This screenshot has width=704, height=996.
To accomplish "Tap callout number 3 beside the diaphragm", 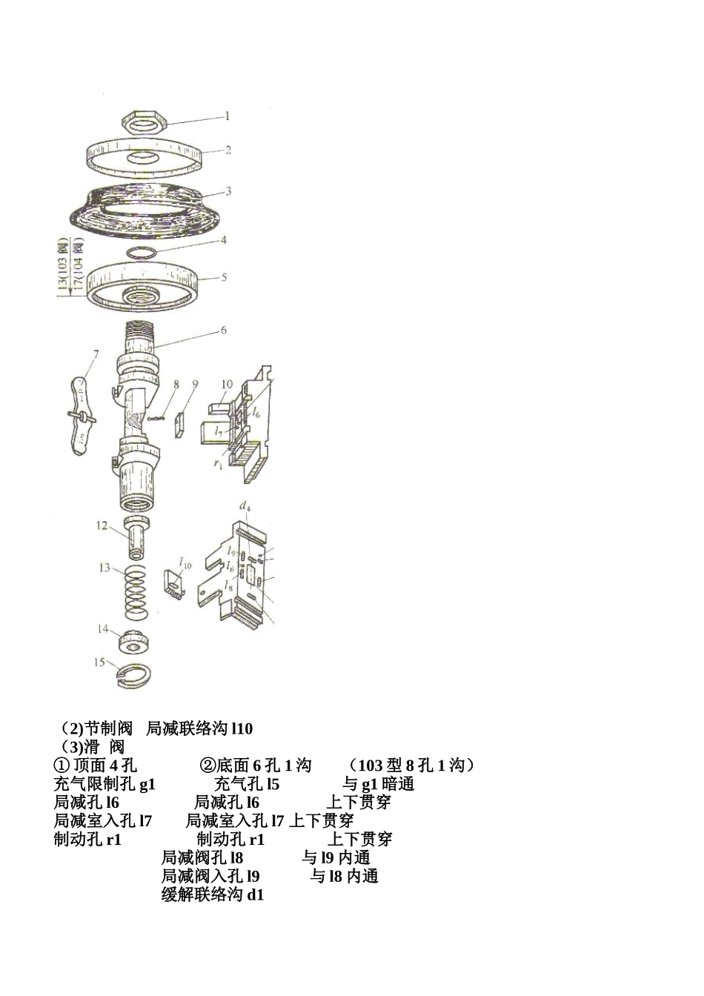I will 228,191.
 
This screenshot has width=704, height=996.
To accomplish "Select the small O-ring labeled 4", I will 142,252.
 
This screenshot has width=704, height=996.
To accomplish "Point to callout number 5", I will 224,278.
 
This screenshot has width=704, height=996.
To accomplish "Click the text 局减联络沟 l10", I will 199,729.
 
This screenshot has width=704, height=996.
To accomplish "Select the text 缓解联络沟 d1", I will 213,894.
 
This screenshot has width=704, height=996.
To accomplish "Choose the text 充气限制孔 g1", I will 104,784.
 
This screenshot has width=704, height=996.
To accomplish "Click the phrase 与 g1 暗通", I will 378,784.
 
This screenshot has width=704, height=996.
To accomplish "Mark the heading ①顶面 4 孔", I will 96,766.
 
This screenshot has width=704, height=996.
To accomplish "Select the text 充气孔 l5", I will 247,784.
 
